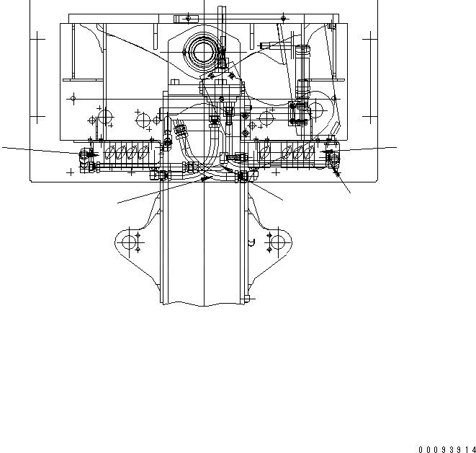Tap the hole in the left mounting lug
click(129, 242)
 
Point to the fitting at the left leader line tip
click(86, 154)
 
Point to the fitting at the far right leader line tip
click(333, 154)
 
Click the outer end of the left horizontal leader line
click(2, 147)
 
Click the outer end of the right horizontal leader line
click(396, 147)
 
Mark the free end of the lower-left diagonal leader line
click(118, 203)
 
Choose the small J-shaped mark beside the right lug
click(251, 243)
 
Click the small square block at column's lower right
click(249, 296)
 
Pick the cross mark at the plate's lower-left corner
click(70, 172)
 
